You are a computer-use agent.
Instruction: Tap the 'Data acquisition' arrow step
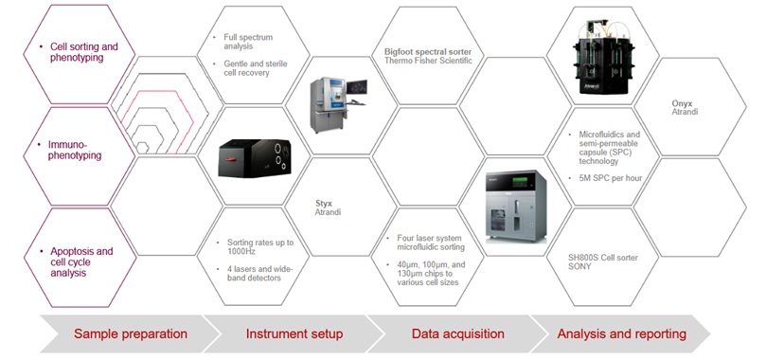click(x=450, y=333)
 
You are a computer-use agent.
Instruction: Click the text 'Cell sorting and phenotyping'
click(x=77, y=51)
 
